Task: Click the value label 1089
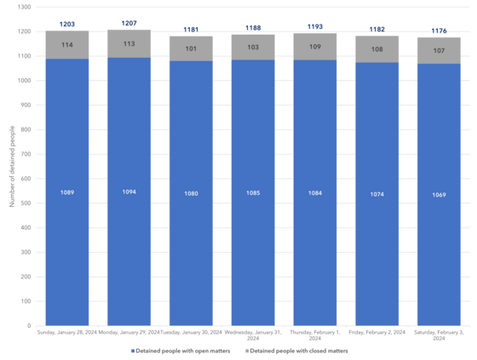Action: point(67,192)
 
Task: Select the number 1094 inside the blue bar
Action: point(129,192)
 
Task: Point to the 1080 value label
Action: point(191,193)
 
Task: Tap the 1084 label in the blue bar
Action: point(315,193)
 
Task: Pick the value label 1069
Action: point(439,195)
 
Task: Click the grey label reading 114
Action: point(67,45)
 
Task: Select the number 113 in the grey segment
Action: point(129,44)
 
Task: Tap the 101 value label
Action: point(191,49)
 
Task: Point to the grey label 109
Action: point(315,47)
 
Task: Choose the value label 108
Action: point(377,49)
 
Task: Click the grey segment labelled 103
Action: point(253,48)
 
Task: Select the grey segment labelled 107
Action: point(439,50)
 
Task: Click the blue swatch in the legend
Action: point(132,351)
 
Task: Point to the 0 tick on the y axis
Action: point(30,325)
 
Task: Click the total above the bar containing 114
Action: point(67,25)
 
